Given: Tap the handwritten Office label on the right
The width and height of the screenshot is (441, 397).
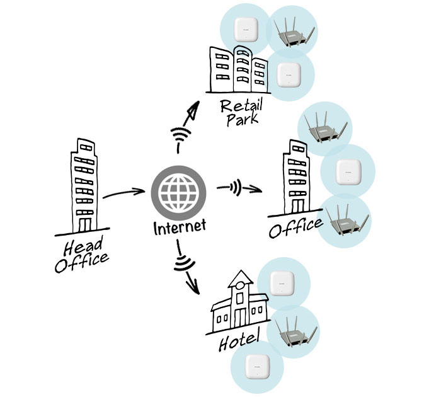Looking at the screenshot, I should tap(295, 227).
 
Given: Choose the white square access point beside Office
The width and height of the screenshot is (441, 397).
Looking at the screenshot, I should tap(348, 171).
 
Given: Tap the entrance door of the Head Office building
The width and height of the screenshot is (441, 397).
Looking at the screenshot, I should tap(84, 224).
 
